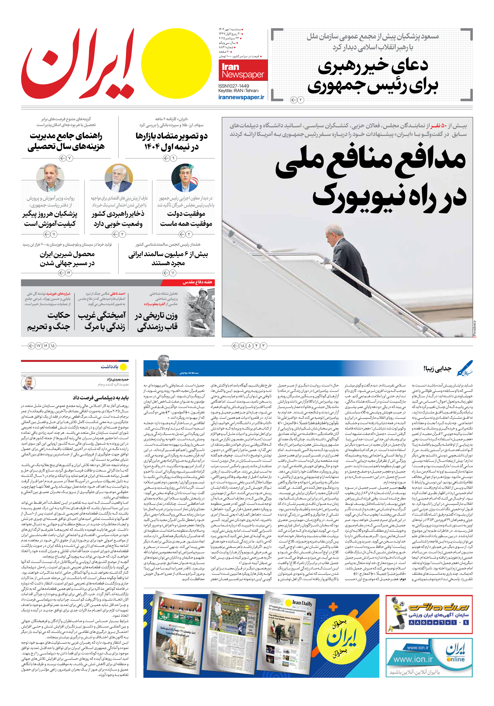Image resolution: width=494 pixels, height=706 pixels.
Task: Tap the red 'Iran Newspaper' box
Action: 243,70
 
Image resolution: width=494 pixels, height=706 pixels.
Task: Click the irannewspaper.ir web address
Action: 241,97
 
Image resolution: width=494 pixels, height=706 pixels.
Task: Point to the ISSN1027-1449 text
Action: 234,86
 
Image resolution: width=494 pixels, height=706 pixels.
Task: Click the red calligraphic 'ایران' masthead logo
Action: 78,65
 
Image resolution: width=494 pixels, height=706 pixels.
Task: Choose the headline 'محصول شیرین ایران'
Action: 67,254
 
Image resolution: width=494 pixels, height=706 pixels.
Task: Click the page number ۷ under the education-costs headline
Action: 70,158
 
